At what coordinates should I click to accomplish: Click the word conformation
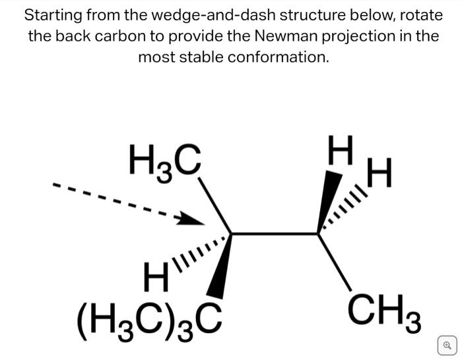[x=277, y=57]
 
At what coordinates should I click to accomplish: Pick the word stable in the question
[x=202, y=57]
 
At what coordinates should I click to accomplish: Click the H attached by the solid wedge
[x=341, y=152]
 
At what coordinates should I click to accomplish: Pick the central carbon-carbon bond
[x=275, y=233]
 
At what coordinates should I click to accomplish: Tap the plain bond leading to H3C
[x=215, y=204]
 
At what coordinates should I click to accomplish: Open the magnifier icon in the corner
[x=447, y=344]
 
